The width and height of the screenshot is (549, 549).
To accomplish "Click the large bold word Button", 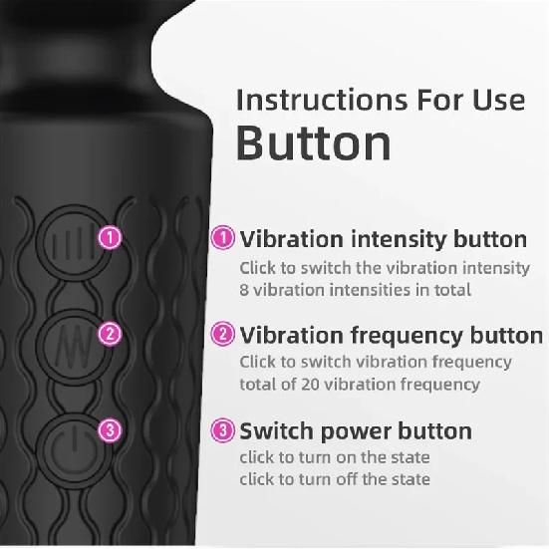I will (x=313, y=142).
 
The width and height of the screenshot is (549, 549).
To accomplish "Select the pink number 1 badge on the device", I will (x=111, y=238).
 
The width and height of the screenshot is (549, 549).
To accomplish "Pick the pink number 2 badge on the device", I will (x=111, y=335).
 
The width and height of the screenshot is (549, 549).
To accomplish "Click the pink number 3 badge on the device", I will (x=111, y=430).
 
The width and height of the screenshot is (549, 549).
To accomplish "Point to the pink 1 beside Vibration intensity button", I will (x=224, y=238).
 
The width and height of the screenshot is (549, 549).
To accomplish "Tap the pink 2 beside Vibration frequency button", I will (x=224, y=335).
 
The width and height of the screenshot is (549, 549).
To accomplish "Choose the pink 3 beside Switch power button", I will (x=224, y=430).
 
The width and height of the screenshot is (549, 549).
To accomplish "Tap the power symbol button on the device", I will (x=65, y=439).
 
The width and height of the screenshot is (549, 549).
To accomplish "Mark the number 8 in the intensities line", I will (x=245, y=290).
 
